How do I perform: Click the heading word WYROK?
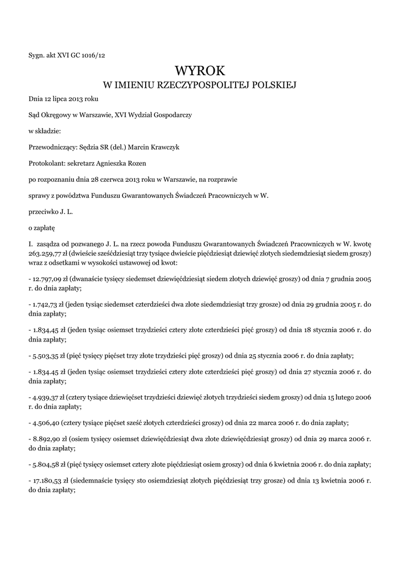click(x=200, y=71)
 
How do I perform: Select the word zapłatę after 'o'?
click(x=44, y=227)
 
